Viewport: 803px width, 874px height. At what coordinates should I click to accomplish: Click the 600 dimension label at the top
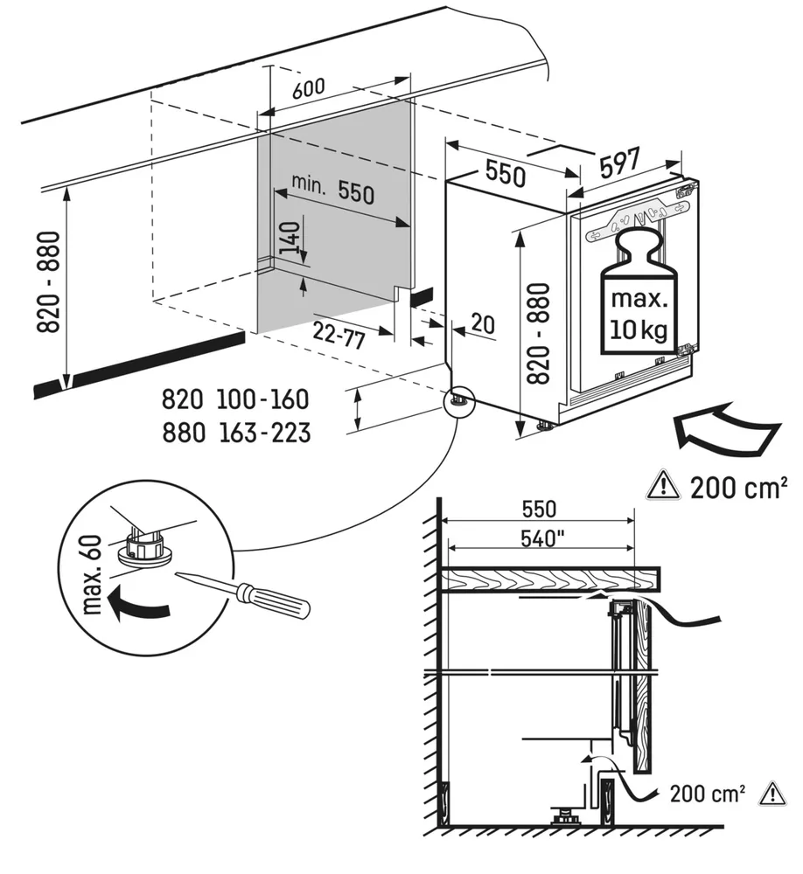pos(308,87)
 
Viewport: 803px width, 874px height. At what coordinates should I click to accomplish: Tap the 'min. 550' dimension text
pos(332,190)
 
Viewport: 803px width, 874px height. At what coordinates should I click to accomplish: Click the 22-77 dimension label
pos(339,335)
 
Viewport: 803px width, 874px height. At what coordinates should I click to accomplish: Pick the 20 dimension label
pos(482,323)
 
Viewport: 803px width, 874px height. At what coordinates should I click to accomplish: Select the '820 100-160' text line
pos(235,399)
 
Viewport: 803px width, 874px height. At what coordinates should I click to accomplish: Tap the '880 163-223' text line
pos(235,432)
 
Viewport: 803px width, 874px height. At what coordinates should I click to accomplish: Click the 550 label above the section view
pos(539,509)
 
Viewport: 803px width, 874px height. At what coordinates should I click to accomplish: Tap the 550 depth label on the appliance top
pos(506,173)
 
